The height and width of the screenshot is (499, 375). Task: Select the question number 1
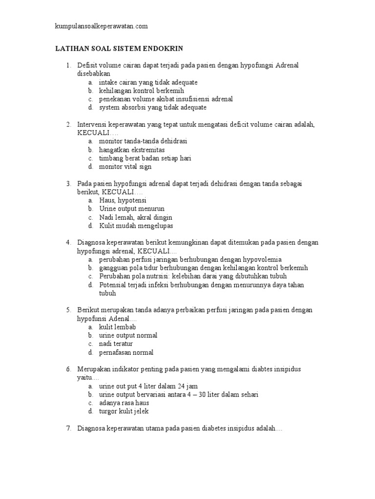[69, 65]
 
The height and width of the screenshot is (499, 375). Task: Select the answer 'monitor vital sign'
[125, 166]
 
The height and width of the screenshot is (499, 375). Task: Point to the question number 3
[69, 183]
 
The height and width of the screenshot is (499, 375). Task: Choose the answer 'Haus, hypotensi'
[123, 200]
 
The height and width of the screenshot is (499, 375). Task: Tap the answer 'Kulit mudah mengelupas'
[136, 226]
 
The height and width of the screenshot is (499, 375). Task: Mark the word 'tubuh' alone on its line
[108, 293]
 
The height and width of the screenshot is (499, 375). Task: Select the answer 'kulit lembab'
[118, 327]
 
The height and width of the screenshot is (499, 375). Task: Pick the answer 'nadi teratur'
[116, 344]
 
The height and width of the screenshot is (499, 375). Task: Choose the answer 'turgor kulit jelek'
[124, 411]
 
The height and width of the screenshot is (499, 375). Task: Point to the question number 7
[69, 428]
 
